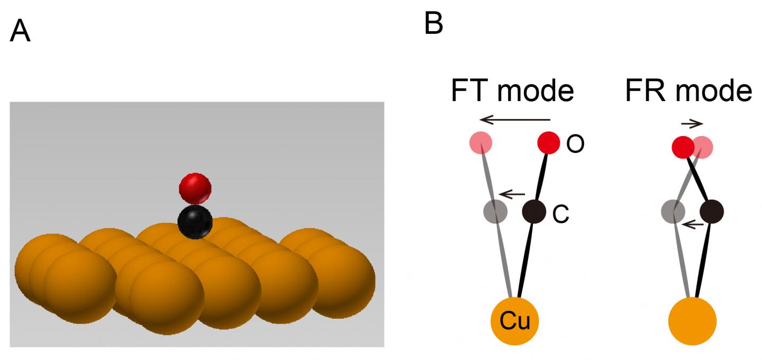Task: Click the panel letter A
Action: [x=20, y=32]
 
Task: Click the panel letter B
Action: [x=434, y=23]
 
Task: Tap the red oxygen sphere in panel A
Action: [x=195, y=188]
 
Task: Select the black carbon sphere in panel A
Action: [x=195, y=222]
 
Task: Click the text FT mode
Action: [x=512, y=91]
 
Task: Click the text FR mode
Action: [x=688, y=91]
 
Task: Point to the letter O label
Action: [x=575, y=145]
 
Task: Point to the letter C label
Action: [x=561, y=214]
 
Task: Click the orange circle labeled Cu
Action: [x=515, y=321]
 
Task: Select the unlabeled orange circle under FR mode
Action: [x=692, y=321]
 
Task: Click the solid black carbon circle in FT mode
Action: [x=534, y=212]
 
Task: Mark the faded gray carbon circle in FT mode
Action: [x=496, y=212]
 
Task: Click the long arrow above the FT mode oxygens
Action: [x=515, y=120]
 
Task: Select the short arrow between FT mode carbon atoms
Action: [x=513, y=194]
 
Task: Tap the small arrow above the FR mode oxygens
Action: [x=692, y=124]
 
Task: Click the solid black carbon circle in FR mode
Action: [x=712, y=212]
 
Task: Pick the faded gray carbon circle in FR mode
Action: [x=673, y=212]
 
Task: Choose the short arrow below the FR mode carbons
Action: [x=693, y=225]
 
